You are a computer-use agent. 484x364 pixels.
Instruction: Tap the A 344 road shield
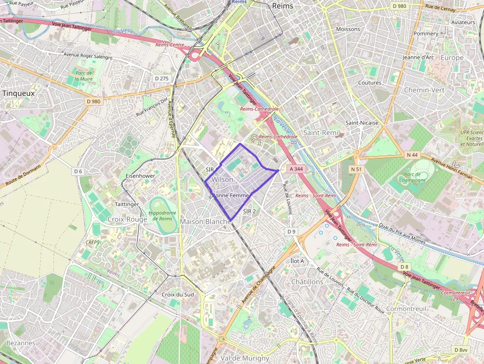(296, 169)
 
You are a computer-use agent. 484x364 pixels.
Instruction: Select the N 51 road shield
(356, 169)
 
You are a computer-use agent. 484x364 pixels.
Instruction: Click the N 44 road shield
(412, 155)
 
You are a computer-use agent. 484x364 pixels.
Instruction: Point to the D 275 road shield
(161, 78)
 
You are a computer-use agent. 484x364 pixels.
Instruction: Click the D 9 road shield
(291, 231)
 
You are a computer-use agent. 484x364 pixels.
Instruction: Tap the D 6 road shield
(78, 171)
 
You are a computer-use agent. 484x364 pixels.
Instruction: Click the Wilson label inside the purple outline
(222, 179)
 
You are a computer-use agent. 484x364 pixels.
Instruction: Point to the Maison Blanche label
(205, 221)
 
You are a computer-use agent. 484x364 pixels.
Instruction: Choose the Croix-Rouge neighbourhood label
(127, 219)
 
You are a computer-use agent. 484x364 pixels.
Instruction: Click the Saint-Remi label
(321, 132)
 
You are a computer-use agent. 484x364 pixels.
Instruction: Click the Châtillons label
(307, 282)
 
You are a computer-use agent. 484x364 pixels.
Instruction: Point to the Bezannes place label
(21, 342)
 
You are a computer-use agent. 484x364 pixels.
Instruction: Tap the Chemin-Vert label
(424, 90)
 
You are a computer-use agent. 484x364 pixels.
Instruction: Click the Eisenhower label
(140, 175)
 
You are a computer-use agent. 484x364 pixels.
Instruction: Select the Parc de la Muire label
(84, 76)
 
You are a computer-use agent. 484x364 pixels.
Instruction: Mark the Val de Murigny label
(245, 358)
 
